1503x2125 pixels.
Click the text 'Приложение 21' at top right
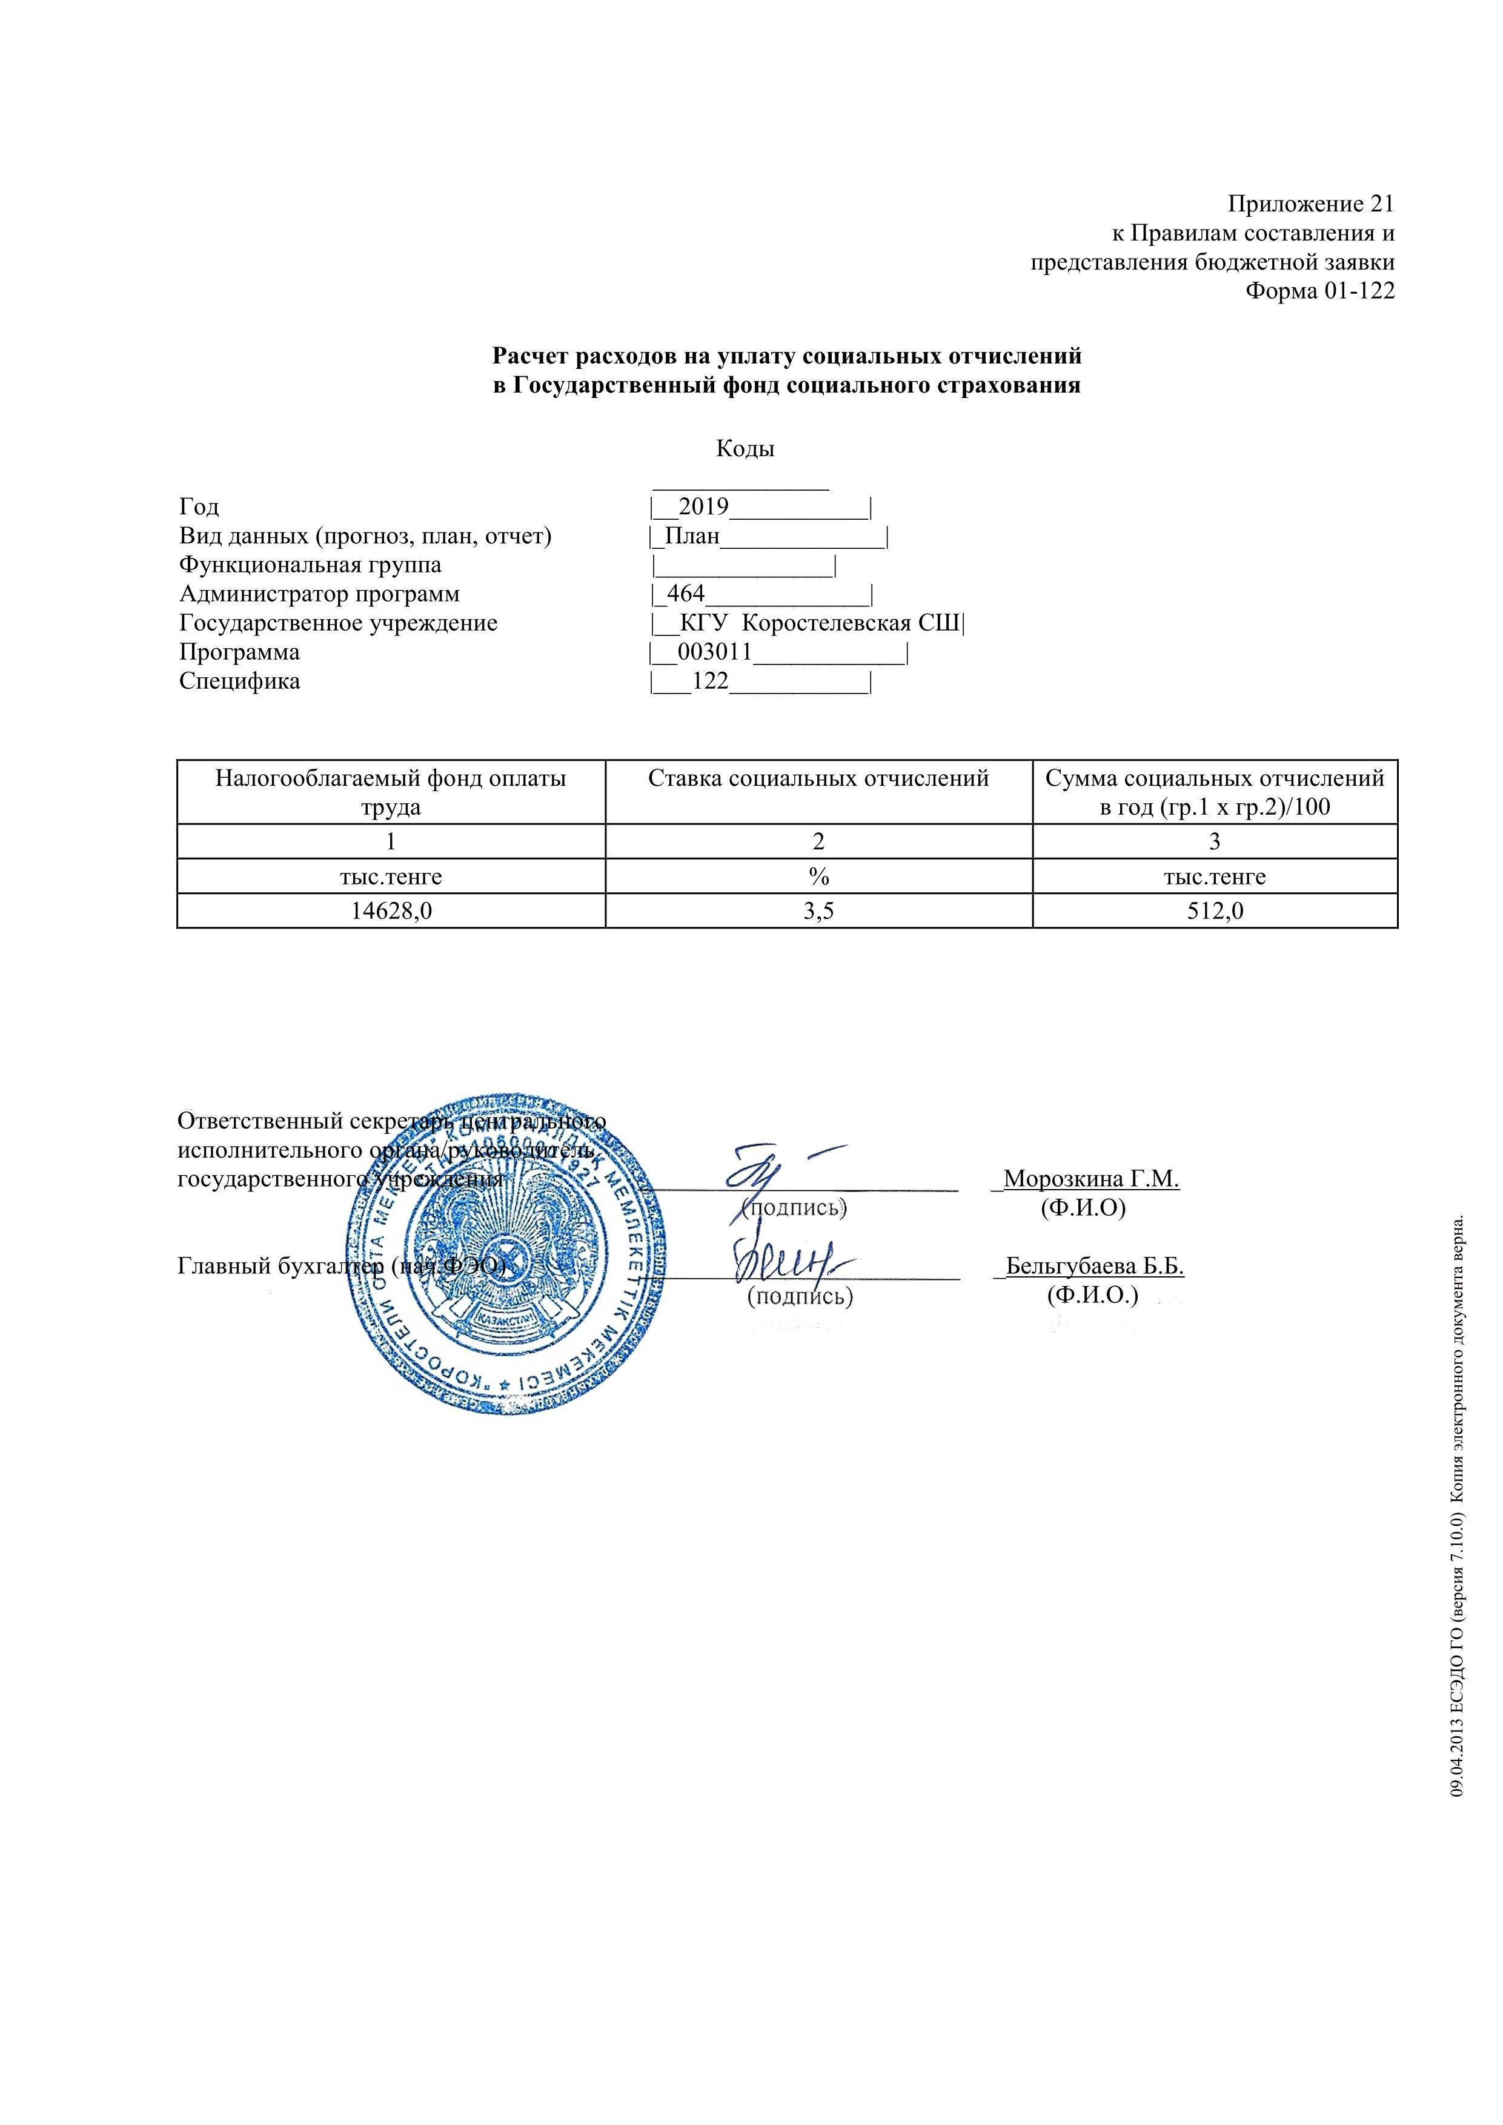click(x=1310, y=204)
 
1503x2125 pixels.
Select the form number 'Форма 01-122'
click(x=1319, y=291)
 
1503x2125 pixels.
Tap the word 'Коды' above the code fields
click(x=745, y=449)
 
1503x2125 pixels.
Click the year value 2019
click(x=703, y=506)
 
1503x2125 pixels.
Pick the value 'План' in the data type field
click(x=692, y=536)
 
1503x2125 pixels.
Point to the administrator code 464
click(x=686, y=593)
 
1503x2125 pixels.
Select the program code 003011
click(x=714, y=652)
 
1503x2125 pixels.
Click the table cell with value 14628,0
click(x=391, y=910)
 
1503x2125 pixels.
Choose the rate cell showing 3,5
click(x=818, y=910)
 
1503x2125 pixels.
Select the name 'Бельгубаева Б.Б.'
click(x=1095, y=1266)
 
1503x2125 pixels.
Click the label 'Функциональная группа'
click(x=310, y=565)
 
